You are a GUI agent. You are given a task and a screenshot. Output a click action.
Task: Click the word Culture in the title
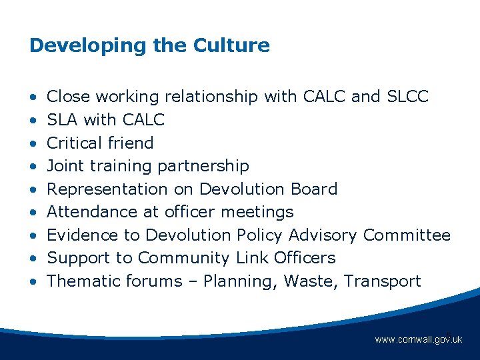231,45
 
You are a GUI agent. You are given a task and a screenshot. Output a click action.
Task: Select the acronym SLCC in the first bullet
407,97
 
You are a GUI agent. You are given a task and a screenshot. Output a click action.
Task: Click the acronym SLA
62,120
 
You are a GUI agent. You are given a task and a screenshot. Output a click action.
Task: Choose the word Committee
407,235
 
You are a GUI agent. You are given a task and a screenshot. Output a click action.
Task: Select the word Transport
383,281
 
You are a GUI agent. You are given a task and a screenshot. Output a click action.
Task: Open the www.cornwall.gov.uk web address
418,340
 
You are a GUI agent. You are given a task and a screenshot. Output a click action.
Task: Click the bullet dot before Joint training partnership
33,166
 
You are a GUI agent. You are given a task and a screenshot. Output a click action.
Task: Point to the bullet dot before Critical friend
33,143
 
